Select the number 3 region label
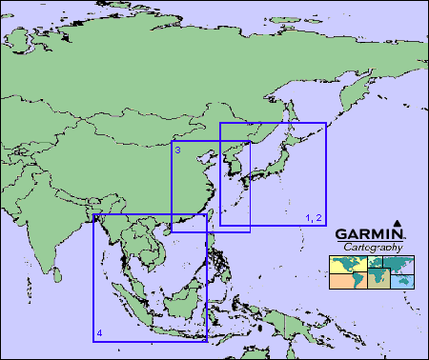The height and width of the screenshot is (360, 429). (178, 150)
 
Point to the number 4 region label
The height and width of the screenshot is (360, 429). (99, 332)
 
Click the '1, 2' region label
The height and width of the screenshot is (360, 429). (314, 218)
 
